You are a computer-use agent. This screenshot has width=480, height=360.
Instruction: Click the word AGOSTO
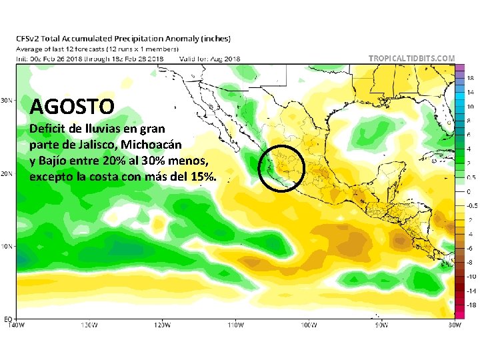click(x=73, y=105)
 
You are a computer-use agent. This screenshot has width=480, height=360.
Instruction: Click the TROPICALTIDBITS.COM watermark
click(x=413, y=59)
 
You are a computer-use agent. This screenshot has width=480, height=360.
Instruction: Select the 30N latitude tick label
click(x=5, y=101)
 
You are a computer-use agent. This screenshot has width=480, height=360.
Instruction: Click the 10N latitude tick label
click(x=5, y=246)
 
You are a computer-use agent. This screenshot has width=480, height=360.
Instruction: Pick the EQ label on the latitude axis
click(x=6, y=318)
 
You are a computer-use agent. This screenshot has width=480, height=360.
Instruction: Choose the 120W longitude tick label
click(x=161, y=325)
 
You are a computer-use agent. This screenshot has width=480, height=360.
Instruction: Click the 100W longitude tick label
click(x=307, y=325)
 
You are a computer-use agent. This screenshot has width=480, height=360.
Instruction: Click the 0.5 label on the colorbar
click(x=471, y=177)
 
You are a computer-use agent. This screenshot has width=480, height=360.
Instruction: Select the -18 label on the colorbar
click(x=471, y=304)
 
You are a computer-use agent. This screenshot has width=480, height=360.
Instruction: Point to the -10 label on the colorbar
click(x=471, y=276)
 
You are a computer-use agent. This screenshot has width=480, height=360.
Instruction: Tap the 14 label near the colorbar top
click(x=470, y=93)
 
